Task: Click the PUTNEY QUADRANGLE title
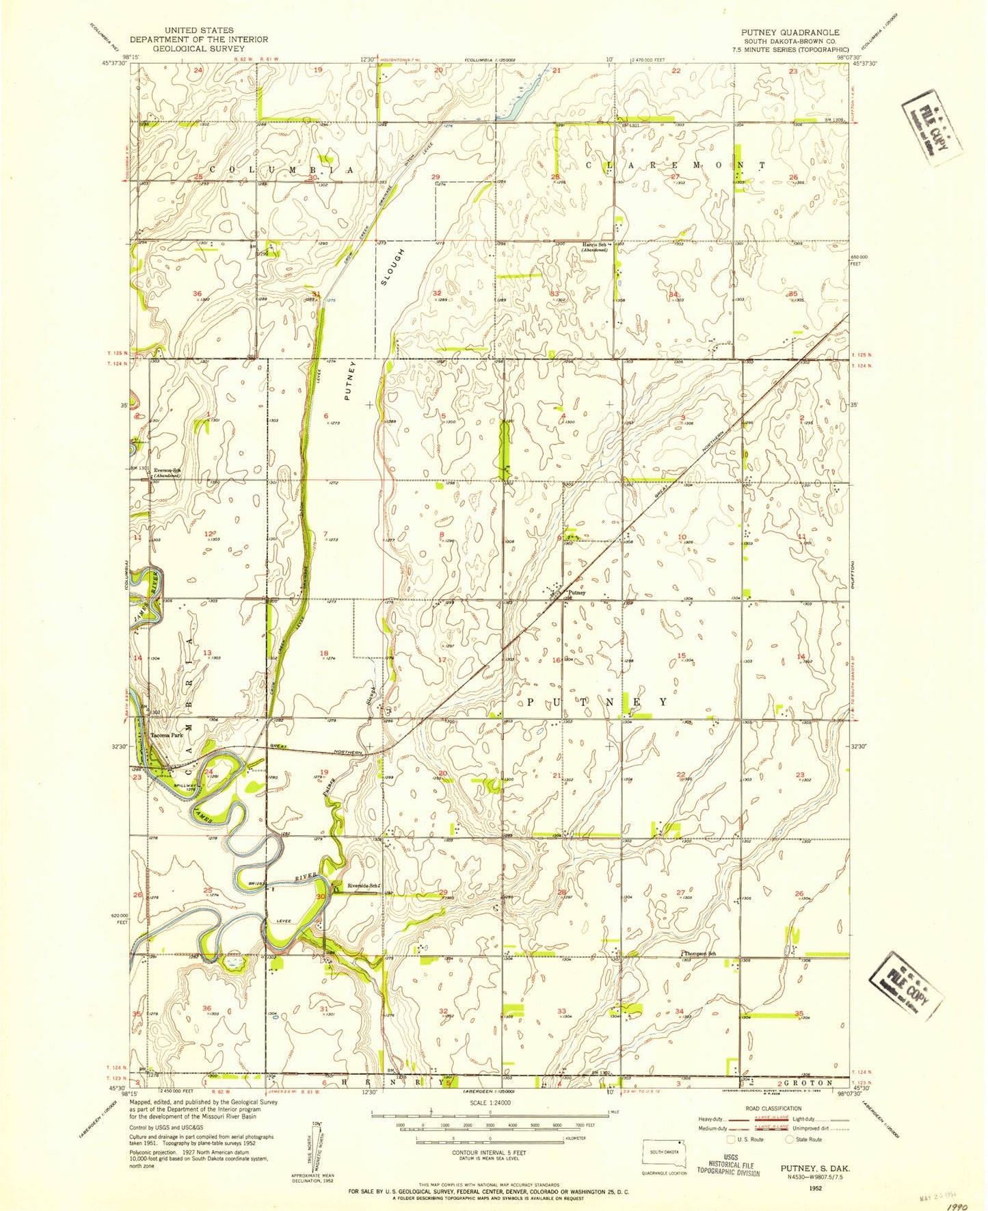790,32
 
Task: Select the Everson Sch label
166,470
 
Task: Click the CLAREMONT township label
676,166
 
